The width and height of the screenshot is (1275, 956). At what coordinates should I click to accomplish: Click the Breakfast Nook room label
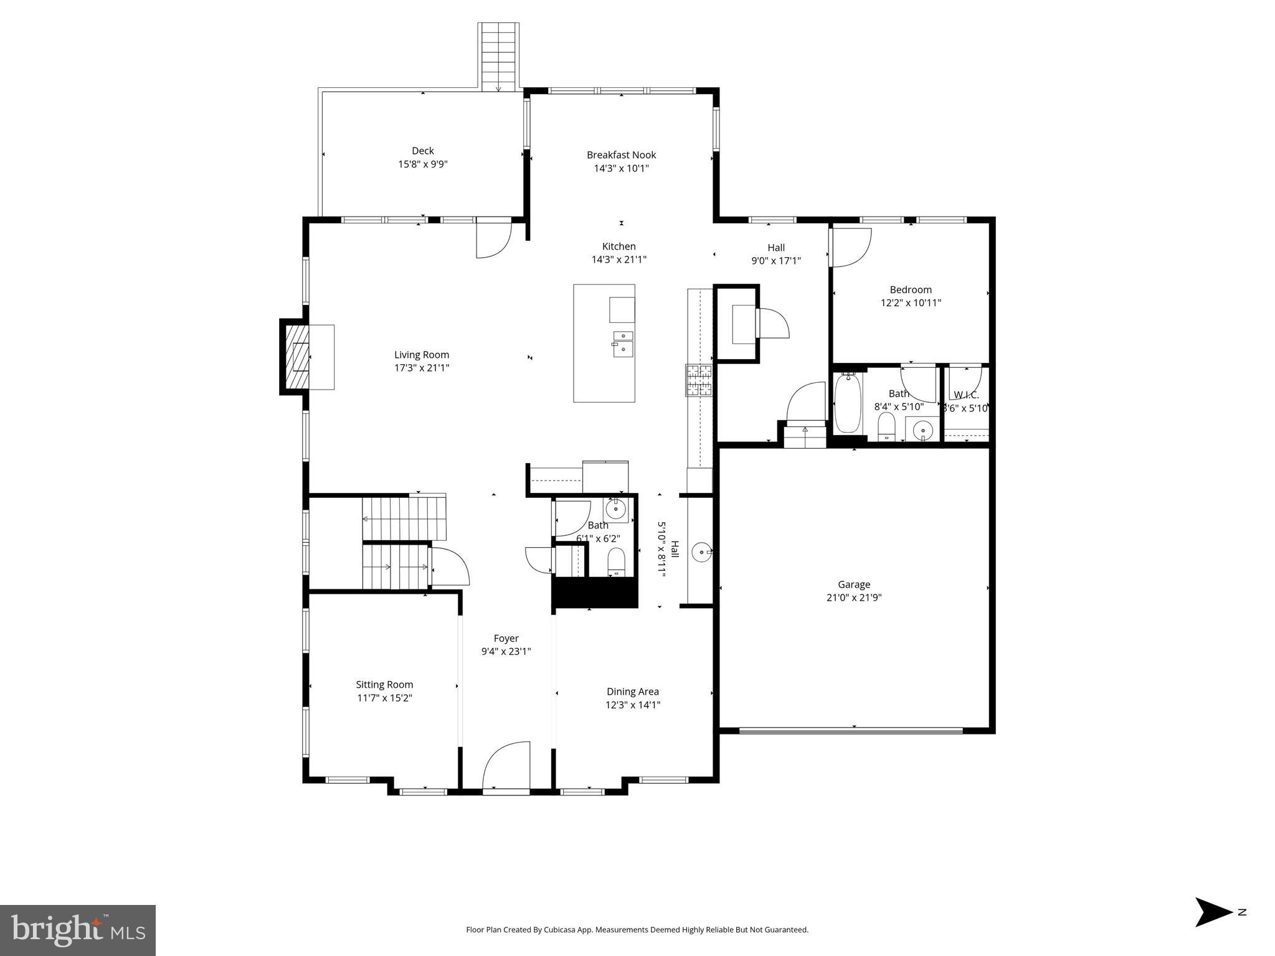pos(621,155)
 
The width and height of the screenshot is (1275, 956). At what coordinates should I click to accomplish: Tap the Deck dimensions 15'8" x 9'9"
pos(423,164)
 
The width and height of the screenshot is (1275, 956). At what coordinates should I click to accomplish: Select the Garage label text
pos(853,584)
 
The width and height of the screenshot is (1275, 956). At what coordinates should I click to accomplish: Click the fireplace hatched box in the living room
pos(297,357)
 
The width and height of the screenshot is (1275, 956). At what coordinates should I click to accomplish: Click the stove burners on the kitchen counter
pos(699,380)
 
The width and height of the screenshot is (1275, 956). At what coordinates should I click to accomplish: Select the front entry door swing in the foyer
pos(506,767)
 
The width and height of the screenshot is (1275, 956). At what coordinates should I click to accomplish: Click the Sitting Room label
pos(384,685)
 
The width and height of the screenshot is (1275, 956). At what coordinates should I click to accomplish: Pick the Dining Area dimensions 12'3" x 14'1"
pos(633,705)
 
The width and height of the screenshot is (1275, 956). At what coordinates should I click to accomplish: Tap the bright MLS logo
pos(78,930)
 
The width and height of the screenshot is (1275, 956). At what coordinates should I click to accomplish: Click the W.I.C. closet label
pos(966,395)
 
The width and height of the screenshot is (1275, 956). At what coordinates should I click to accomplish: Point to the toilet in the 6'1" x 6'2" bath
pos(616,562)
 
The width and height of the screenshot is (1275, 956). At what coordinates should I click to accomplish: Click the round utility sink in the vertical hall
pos(702,551)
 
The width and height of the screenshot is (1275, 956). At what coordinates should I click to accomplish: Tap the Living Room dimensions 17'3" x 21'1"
pos(422,368)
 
